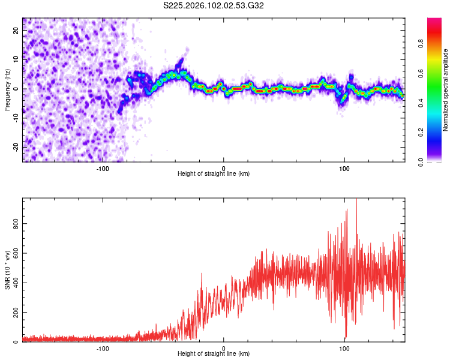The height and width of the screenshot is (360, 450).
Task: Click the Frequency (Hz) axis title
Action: tap(7, 90)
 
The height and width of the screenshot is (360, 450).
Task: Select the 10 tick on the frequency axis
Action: tap(17, 60)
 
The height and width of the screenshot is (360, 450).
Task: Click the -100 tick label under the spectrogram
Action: tap(103, 167)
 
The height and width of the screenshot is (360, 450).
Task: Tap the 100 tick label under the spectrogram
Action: tap(344, 167)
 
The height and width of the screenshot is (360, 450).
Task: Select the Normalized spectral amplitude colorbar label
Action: tap(446, 90)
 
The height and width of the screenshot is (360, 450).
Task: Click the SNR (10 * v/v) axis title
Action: tap(7, 270)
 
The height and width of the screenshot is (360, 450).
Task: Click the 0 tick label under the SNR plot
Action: tap(224, 348)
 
